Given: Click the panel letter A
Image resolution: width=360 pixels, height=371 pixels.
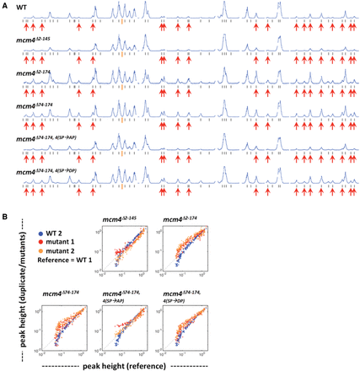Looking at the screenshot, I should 5,5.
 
